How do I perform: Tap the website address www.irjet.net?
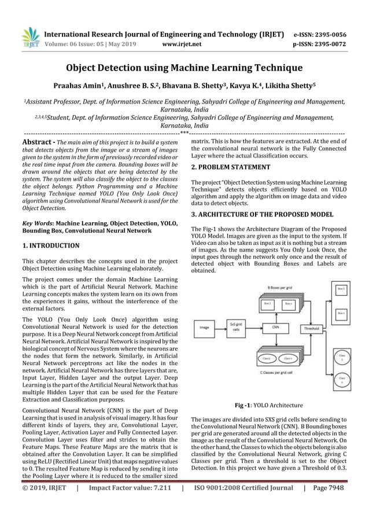click(x=183, y=42)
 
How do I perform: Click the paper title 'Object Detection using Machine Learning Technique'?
click(x=184, y=68)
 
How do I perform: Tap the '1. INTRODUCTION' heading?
click(x=51, y=245)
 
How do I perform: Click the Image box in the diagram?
click(x=204, y=328)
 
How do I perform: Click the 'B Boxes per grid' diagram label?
click(x=279, y=288)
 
